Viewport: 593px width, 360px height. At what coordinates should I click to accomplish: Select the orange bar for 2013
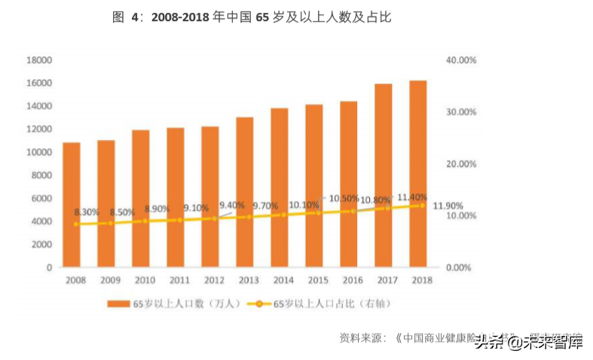click(x=244, y=192)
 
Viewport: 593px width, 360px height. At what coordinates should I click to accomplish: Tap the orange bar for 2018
click(x=417, y=173)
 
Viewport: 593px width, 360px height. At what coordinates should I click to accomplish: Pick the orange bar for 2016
click(x=348, y=184)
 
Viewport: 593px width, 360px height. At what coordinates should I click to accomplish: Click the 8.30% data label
click(x=86, y=212)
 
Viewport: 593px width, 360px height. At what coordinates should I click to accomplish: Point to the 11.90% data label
click(x=448, y=206)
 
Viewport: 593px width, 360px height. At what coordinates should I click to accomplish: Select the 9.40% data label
click(x=231, y=205)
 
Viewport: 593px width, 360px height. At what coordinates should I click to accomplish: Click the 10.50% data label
click(x=343, y=198)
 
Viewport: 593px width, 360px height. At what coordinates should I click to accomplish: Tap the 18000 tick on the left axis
click(x=38, y=59)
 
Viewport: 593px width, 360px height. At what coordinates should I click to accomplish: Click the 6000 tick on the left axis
click(x=41, y=198)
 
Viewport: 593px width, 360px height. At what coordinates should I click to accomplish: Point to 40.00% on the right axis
click(x=461, y=59)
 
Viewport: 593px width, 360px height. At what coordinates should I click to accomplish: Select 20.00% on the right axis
click(x=461, y=163)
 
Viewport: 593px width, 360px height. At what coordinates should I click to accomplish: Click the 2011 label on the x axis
click(x=179, y=280)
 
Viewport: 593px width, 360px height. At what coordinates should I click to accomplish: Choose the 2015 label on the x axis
click(x=318, y=280)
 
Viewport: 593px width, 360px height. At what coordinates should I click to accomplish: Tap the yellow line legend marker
click(x=258, y=304)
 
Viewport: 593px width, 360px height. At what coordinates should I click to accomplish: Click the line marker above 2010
click(x=145, y=221)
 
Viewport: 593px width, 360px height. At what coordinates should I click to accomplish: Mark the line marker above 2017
click(x=387, y=207)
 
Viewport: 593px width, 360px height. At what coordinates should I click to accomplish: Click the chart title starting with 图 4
click(x=251, y=17)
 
